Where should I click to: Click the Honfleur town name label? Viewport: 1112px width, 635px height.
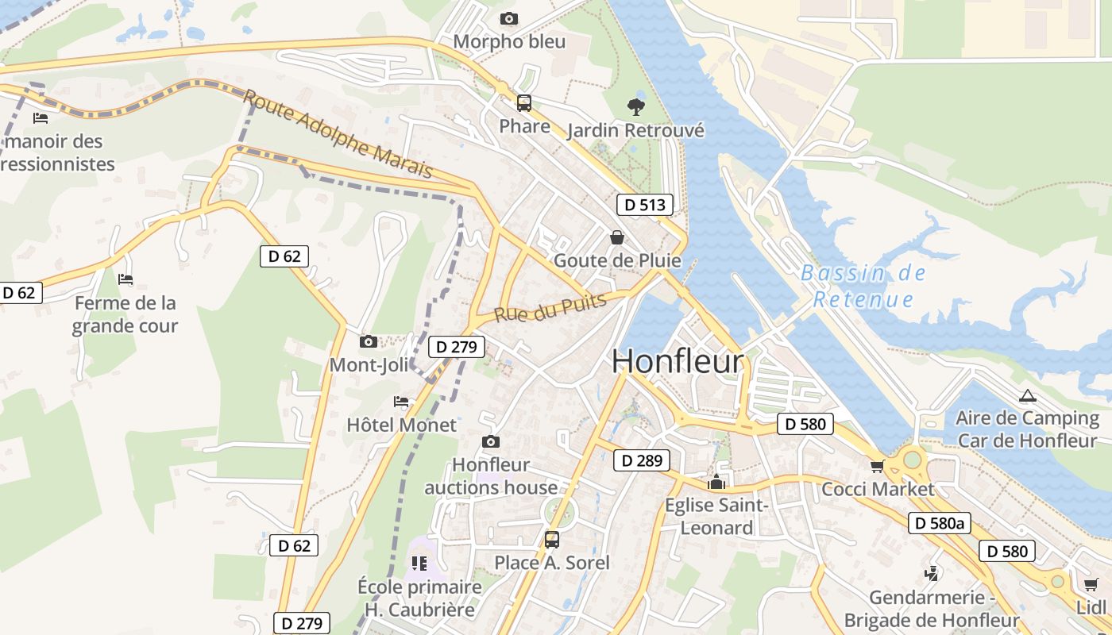(678, 361)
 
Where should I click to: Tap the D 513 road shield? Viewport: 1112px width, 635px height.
(644, 205)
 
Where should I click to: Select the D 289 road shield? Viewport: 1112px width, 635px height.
(641, 460)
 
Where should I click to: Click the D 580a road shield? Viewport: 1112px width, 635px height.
(940, 523)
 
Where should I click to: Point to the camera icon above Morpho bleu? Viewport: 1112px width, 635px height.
(509, 18)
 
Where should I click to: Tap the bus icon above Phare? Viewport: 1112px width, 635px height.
(524, 102)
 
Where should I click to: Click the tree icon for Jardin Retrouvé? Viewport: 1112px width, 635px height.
(635, 106)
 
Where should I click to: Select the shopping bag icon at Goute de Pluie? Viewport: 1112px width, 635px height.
(616, 237)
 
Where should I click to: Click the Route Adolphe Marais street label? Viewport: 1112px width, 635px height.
(338, 133)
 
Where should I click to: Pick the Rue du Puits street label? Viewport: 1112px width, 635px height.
(550, 307)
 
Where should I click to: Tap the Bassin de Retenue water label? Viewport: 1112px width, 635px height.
(863, 286)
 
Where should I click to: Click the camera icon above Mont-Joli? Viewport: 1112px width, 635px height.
(368, 341)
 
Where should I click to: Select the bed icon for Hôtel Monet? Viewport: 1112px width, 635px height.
(401, 402)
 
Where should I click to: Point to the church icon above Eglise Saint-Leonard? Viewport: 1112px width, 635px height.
(716, 482)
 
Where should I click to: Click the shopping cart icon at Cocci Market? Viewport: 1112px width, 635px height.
(878, 466)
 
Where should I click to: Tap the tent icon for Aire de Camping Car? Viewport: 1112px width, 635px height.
(1028, 395)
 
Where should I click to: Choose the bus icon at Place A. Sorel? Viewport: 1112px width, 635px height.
(552, 540)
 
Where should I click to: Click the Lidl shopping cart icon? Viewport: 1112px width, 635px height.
(1091, 585)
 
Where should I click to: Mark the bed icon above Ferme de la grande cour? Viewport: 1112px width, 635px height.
(125, 279)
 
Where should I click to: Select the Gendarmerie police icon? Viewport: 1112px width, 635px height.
(932, 573)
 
